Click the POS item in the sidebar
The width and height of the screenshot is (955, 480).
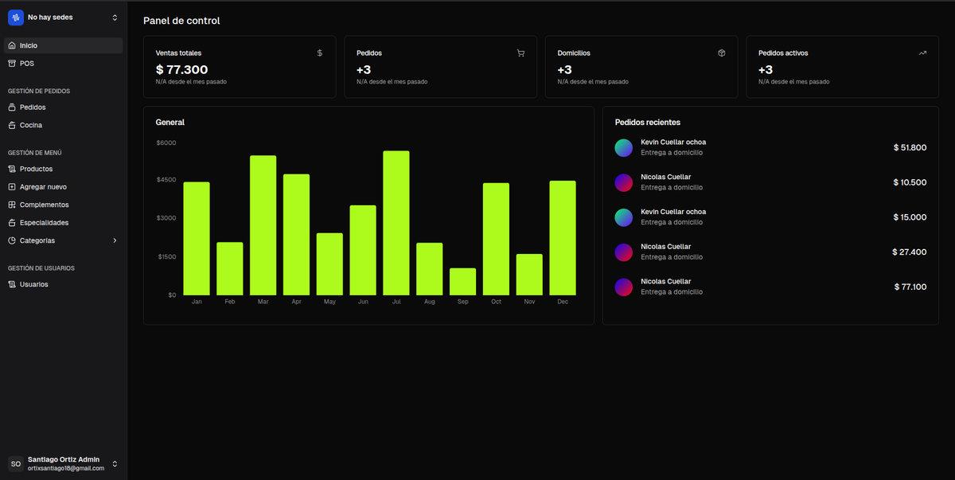point(27,63)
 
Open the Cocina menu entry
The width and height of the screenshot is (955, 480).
point(30,125)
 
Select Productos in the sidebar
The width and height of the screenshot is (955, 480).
point(36,169)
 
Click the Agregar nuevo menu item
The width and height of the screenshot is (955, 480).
point(43,187)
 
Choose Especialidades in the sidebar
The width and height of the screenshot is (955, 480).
point(44,223)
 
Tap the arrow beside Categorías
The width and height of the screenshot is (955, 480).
point(115,240)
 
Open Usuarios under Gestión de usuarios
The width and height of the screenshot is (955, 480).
point(33,284)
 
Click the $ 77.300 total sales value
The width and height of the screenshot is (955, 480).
point(181,70)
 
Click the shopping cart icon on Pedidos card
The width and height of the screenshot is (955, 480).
point(520,53)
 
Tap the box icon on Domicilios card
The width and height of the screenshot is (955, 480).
point(721,53)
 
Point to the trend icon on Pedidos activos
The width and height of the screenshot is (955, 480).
point(922,53)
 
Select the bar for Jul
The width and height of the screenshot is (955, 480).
point(396,223)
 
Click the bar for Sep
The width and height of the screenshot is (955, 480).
point(462,282)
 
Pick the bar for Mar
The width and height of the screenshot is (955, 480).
point(263,225)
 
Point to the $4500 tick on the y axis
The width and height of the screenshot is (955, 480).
point(166,180)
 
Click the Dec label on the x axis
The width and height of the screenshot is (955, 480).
point(562,302)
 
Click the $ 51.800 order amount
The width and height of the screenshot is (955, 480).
point(910,147)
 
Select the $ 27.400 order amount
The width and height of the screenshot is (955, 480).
point(909,252)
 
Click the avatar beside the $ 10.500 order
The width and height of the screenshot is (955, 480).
point(623,182)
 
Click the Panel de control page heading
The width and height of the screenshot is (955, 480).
point(181,21)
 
